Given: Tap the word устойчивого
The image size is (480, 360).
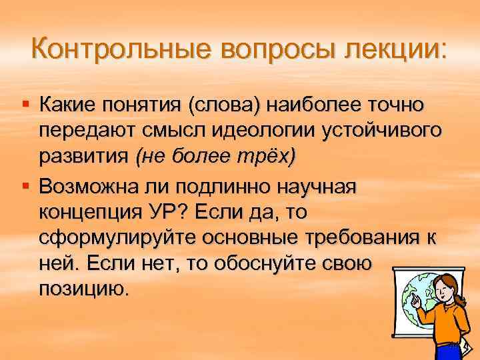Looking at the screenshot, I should [x=375, y=131].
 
